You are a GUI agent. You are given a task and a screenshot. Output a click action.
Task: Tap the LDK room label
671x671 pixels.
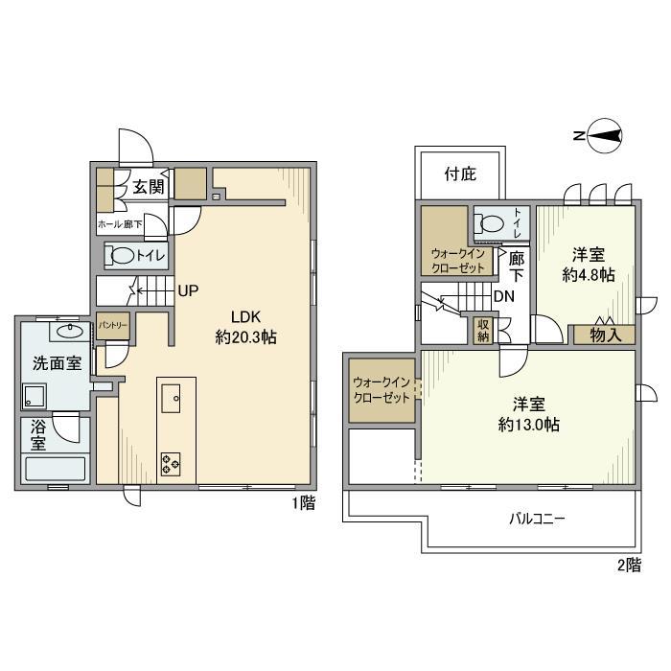245,317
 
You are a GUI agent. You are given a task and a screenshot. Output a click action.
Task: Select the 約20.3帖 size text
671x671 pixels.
245,337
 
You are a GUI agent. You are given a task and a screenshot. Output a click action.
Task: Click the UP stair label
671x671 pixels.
188,291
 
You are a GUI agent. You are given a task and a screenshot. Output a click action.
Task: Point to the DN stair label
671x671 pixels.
504,296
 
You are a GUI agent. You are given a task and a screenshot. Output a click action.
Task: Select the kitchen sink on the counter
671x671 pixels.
171,399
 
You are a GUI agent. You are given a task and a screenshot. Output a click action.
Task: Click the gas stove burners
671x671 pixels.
171,464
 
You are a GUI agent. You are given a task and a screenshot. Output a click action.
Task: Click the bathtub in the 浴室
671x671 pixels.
56,469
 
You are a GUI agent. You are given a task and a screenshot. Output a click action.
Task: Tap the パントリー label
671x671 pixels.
113,325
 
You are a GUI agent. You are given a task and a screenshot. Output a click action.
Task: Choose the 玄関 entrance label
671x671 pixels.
148,187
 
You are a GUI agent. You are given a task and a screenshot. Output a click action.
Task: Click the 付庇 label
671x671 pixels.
460,174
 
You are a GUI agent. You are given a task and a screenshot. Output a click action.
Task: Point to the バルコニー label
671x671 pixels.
537,520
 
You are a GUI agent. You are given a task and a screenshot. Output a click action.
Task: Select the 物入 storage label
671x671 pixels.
605,335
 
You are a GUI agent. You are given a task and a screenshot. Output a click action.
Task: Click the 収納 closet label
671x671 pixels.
483,330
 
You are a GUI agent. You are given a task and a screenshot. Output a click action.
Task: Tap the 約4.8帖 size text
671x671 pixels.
589,274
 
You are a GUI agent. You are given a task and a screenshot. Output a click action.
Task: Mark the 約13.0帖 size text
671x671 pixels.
529,425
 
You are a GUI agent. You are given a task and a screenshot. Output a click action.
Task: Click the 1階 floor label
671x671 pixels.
304,502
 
